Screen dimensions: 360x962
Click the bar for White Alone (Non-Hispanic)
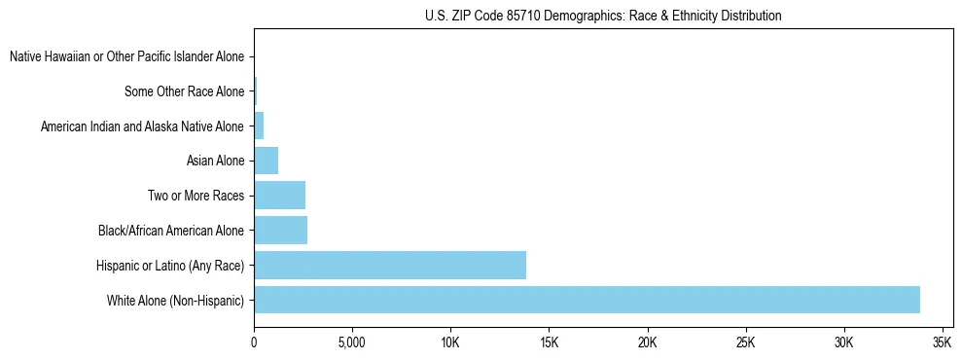587,300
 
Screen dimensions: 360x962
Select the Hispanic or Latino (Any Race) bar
390,265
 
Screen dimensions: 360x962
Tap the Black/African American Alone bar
280,230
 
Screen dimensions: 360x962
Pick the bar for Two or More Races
279,196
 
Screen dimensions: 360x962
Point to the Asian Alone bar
266,161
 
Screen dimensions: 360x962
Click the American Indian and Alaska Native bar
259,126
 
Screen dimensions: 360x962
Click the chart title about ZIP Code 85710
603,16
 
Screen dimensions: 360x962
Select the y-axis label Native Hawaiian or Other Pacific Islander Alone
126,57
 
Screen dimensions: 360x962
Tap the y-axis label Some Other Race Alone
185,92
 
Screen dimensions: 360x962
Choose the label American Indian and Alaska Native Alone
142,126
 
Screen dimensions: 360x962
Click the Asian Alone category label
215,162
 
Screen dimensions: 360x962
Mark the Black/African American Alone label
171,231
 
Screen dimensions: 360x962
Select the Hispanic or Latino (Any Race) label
170,266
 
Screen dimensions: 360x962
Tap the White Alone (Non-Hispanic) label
175,301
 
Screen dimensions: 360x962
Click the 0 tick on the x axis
254,343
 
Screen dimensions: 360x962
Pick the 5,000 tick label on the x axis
351,343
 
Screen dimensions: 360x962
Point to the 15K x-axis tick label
549,343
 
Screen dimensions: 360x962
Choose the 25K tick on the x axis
745,343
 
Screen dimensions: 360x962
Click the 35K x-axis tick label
942,343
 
